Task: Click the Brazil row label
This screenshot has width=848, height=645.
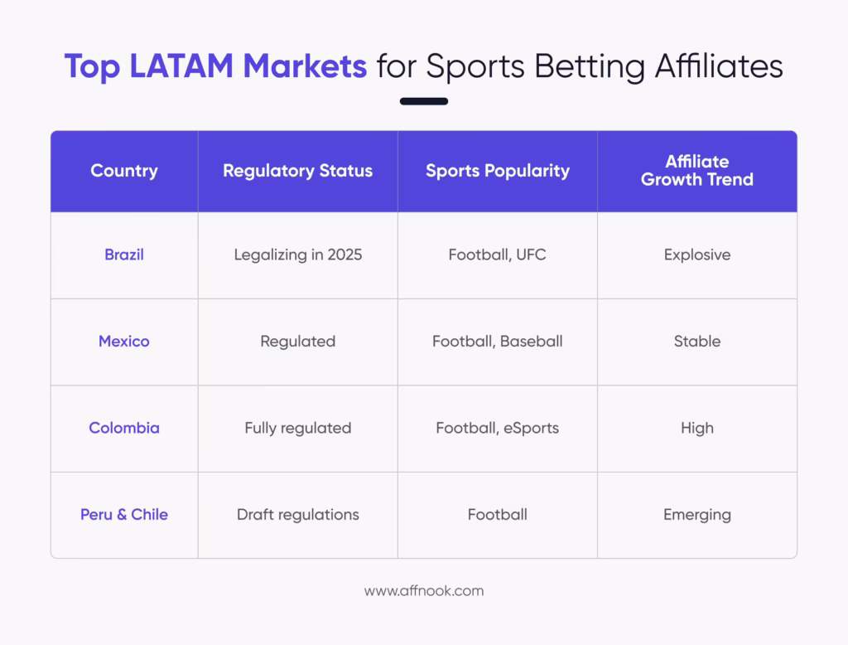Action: (x=124, y=255)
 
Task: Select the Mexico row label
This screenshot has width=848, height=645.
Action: (x=124, y=341)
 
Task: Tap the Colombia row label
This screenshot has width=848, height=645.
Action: (x=124, y=428)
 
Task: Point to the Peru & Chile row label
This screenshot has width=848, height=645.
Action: (x=124, y=514)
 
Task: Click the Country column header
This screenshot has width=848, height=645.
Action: (x=124, y=171)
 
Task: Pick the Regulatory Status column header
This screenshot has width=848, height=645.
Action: (x=297, y=171)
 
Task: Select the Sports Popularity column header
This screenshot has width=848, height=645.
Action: (x=498, y=171)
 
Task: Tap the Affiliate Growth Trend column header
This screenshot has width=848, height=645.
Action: (x=696, y=170)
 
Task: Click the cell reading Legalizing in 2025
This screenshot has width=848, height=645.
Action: (x=297, y=255)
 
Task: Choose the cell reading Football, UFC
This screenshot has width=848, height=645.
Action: (x=498, y=255)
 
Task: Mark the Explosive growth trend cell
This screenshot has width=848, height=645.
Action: (x=696, y=255)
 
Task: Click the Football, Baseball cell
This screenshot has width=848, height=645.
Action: (x=498, y=341)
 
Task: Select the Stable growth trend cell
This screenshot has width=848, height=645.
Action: (x=696, y=341)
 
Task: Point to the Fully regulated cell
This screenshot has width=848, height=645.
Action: (x=297, y=428)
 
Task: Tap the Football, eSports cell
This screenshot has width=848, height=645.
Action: (x=498, y=428)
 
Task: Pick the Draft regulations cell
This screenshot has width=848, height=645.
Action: (x=297, y=514)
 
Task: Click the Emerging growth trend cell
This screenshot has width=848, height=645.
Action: (x=696, y=514)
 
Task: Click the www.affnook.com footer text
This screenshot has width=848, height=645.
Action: (x=424, y=591)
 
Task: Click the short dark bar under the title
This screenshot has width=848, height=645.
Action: (x=424, y=101)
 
